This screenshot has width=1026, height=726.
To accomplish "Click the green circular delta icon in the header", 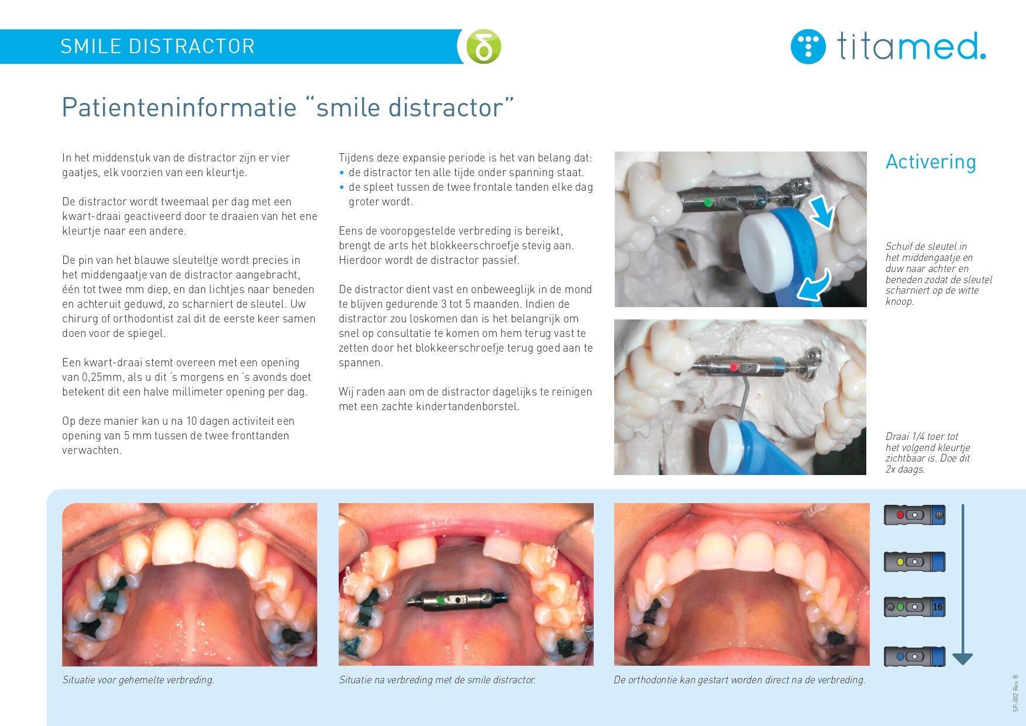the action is pos(484,46).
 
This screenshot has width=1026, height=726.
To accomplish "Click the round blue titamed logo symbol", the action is pos(808,46).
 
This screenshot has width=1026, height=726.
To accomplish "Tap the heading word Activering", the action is pos(931,161).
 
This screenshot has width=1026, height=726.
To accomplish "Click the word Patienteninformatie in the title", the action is pos(179,108).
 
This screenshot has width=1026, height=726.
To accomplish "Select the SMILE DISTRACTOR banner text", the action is pos(158,46).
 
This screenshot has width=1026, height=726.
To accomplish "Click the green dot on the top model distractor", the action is pos(708,202).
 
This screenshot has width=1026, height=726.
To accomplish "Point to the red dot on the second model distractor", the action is pos(734,367).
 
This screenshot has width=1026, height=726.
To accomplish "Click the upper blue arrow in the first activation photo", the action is pos(821,211).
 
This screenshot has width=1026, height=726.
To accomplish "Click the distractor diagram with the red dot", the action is pos(914,515).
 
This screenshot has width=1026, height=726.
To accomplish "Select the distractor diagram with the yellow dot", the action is pos(914,562).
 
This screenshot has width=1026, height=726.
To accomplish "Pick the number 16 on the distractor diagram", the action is pos(938,607).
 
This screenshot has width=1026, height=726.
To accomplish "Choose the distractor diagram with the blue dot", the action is pos(914,656).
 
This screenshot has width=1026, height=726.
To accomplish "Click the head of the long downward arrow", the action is pos(962,659).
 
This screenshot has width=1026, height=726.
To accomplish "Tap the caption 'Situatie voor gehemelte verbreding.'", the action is pos(139,680).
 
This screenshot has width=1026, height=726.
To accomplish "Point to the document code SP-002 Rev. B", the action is pos(1015,693).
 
